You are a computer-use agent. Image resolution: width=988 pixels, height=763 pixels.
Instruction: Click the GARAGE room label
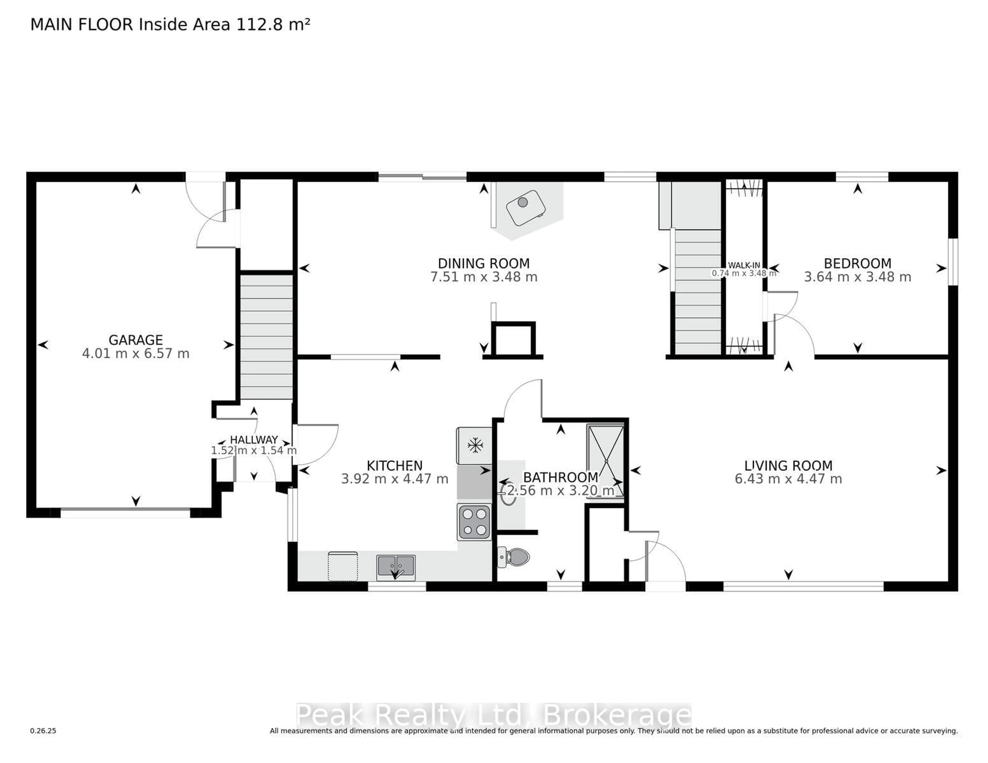coord(135,340)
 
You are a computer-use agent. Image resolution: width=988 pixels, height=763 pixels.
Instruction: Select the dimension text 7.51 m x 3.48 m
coord(484,277)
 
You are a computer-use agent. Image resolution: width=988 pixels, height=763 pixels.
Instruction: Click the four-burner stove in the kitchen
coord(474,522)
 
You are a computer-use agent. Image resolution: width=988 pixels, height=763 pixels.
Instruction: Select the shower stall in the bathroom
coord(605,460)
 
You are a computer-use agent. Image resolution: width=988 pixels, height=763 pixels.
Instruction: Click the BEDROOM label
coord(857,263)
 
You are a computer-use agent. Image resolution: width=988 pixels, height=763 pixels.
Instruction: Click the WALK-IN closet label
coord(744,265)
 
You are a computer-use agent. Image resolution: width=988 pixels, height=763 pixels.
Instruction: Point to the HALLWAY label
coord(254,439)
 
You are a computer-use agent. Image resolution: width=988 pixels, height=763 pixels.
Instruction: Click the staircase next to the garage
coord(266,337)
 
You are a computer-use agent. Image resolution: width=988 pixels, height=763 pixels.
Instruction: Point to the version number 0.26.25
coord(43,730)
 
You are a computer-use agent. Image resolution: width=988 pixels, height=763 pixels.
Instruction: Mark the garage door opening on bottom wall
coord(125,513)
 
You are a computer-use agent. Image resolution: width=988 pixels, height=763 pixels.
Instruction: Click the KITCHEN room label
coord(394,465)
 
